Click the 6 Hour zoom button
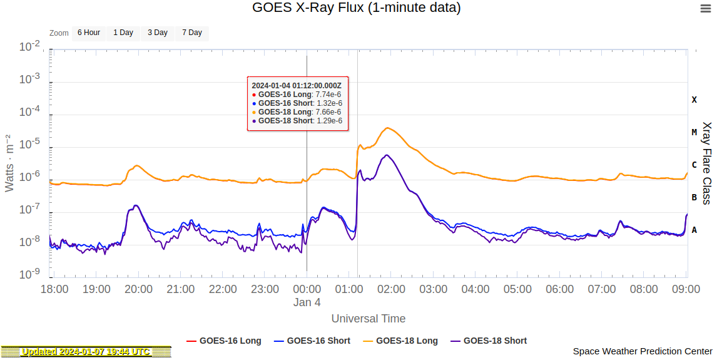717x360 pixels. (x=88, y=33)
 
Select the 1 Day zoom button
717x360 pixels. (x=123, y=33)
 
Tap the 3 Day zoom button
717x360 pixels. (x=158, y=33)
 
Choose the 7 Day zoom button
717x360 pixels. (x=192, y=33)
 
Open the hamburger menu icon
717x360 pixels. (x=705, y=8)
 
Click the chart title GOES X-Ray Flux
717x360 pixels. (x=357, y=8)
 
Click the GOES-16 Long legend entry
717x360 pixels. (x=224, y=341)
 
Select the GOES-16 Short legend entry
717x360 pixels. (x=312, y=341)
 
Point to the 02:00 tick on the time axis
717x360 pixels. (x=392, y=289)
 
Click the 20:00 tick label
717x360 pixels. (x=139, y=289)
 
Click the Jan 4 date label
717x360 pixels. (x=307, y=302)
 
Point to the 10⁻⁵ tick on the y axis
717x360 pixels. (x=30, y=144)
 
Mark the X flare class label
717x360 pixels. (x=694, y=100)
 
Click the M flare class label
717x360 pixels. (x=694, y=132)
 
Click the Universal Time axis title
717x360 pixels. (x=369, y=319)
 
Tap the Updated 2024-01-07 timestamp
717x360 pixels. (x=86, y=352)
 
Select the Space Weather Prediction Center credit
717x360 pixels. (x=643, y=352)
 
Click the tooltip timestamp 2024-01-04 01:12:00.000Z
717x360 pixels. (x=297, y=85)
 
